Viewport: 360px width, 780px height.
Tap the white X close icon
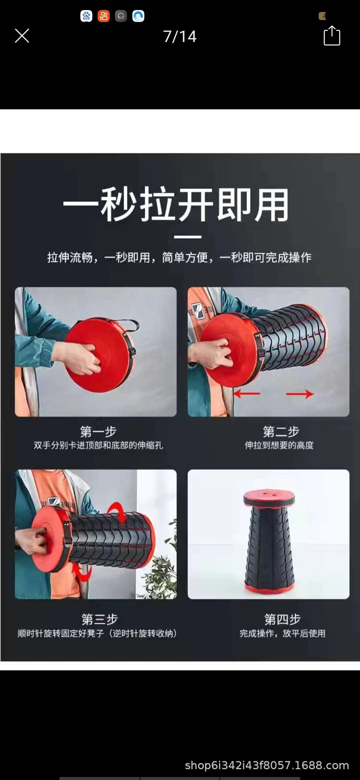tap(22, 36)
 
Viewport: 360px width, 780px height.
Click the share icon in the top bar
tap(332, 36)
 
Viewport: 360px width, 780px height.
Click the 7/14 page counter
tap(180, 36)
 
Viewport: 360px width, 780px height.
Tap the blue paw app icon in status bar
tap(86, 16)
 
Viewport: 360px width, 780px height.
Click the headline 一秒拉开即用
tap(176, 205)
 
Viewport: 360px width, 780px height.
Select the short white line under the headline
tap(188, 237)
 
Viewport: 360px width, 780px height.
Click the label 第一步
tap(98, 431)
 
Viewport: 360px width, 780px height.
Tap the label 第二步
tap(281, 431)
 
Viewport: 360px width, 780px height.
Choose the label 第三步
tap(99, 619)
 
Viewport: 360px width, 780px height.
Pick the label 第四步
tap(282, 619)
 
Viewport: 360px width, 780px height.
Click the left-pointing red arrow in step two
tap(247, 394)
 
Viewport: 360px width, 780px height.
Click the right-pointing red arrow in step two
tap(300, 394)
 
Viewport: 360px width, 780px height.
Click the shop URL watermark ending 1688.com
tap(267, 765)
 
